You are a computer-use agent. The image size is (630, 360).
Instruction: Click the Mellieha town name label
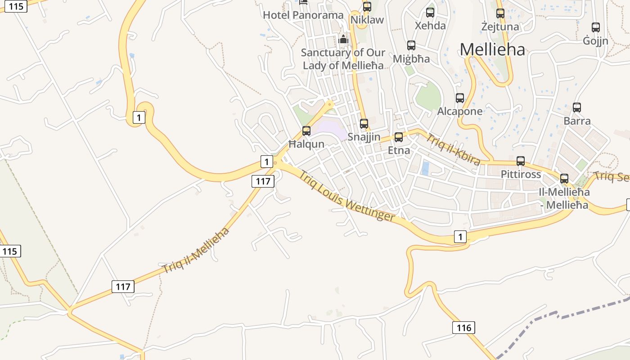[x=492, y=49]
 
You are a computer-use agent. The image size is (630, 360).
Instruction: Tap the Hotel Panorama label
[x=303, y=15]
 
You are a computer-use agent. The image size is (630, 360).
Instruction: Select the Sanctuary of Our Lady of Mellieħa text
[x=343, y=59]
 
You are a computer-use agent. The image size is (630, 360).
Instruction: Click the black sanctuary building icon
[x=343, y=40]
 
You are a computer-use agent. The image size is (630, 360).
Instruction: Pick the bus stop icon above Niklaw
[x=367, y=7]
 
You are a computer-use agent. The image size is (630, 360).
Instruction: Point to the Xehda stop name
[x=430, y=25]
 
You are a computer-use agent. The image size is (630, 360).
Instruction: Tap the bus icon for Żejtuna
[x=500, y=13]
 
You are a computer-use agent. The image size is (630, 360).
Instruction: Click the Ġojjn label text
[x=595, y=41]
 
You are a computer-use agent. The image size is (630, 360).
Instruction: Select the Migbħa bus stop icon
[x=411, y=45]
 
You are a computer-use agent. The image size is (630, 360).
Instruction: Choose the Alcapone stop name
[x=460, y=111]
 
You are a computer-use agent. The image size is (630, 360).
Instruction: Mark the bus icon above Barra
[x=577, y=108]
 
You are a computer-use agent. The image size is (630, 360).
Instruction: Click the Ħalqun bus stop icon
[x=306, y=131]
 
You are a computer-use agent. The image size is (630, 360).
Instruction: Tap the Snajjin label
[x=364, y=137]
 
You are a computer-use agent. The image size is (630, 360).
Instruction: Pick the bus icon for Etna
[x=399, y=137]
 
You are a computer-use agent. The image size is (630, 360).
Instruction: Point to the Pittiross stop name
[x=521, y=174]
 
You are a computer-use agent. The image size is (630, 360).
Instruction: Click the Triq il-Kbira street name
[x=453, y=149]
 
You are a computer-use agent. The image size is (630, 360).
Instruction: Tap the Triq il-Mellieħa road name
[x=196, y=251]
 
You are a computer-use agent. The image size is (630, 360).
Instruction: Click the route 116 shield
[x=463, y=327]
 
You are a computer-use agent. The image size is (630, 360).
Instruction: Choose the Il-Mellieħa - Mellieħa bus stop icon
[x=564, y=179]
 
